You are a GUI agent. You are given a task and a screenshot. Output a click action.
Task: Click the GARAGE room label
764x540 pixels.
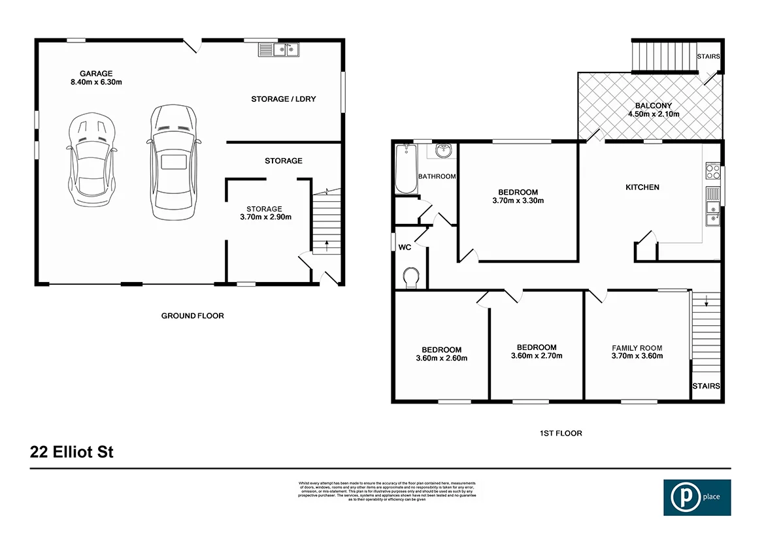pos(96,73)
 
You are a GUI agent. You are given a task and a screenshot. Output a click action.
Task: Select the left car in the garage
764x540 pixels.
pos(91,160)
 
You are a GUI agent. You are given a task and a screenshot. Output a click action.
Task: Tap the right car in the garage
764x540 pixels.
pos(173,162)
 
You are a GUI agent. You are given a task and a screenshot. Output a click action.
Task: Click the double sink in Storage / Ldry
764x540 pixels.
pos(278,49)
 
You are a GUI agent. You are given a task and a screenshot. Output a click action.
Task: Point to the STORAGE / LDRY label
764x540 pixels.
pos(283,99)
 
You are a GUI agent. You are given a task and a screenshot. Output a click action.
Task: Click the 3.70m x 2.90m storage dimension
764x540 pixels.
pos(264,217)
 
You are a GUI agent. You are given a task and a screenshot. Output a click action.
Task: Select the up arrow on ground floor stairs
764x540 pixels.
pos(326,246)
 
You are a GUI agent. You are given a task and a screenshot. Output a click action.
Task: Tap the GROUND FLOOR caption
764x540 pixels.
pos(192,316)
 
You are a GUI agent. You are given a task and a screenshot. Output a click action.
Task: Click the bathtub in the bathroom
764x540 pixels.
pos(406,168)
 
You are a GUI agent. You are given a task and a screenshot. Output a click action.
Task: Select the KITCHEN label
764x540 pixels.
pos(642,187)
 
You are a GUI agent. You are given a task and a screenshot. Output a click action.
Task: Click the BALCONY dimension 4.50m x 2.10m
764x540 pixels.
pos(654,114)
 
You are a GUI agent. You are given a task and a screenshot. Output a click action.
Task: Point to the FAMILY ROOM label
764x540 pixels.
pos(637,348)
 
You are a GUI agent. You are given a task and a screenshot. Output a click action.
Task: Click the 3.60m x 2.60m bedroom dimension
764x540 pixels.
pos(441,358)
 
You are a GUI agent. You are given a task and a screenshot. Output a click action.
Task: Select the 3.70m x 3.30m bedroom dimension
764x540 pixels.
pos(518,200)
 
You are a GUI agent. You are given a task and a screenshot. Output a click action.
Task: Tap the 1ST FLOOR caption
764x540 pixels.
pos(560,433)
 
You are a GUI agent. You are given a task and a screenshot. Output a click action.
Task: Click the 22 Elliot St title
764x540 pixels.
pos(72,452)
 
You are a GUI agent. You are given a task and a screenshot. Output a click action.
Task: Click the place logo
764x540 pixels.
pos(697,498)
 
